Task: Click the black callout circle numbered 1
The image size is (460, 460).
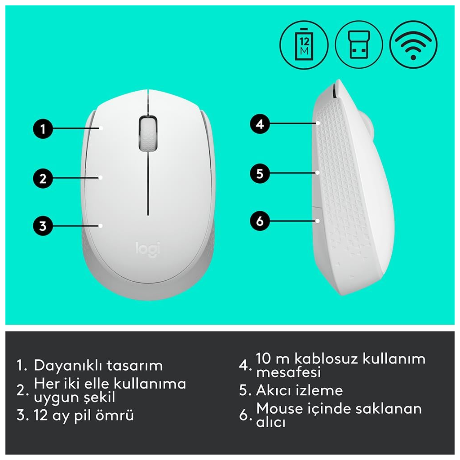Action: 43,128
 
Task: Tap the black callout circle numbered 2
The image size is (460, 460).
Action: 43,178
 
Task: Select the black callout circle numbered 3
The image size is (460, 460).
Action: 43,226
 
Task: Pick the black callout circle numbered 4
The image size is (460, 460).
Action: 260,124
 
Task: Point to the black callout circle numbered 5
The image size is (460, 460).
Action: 260,173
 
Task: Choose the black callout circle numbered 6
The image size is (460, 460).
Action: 260,221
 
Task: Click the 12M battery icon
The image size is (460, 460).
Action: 304,45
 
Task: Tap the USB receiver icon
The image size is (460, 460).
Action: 359,45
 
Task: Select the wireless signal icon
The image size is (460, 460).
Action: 414,45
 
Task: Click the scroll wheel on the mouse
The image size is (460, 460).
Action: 148,134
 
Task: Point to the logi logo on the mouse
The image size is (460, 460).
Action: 148,249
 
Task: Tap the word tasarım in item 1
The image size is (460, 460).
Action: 135,366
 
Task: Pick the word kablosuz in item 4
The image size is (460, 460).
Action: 326,358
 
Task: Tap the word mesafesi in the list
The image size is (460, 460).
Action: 289,372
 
